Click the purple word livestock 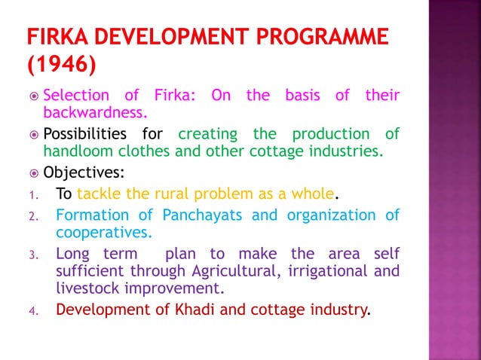click(86, 287)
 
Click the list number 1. click(33, 196)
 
